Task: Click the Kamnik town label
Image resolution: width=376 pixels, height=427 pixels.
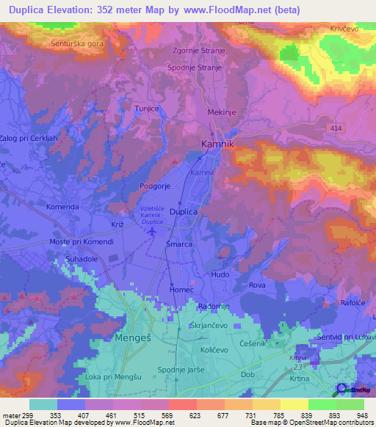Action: tap(217, 145)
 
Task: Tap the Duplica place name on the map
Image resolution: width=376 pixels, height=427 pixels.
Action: tap(184, 211)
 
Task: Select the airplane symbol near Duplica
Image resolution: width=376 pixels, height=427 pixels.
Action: tap(152, 232)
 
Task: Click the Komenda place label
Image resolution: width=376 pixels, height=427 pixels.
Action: tap(62, 207)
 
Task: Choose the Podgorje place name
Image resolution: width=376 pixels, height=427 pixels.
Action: tap(155, 186)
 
